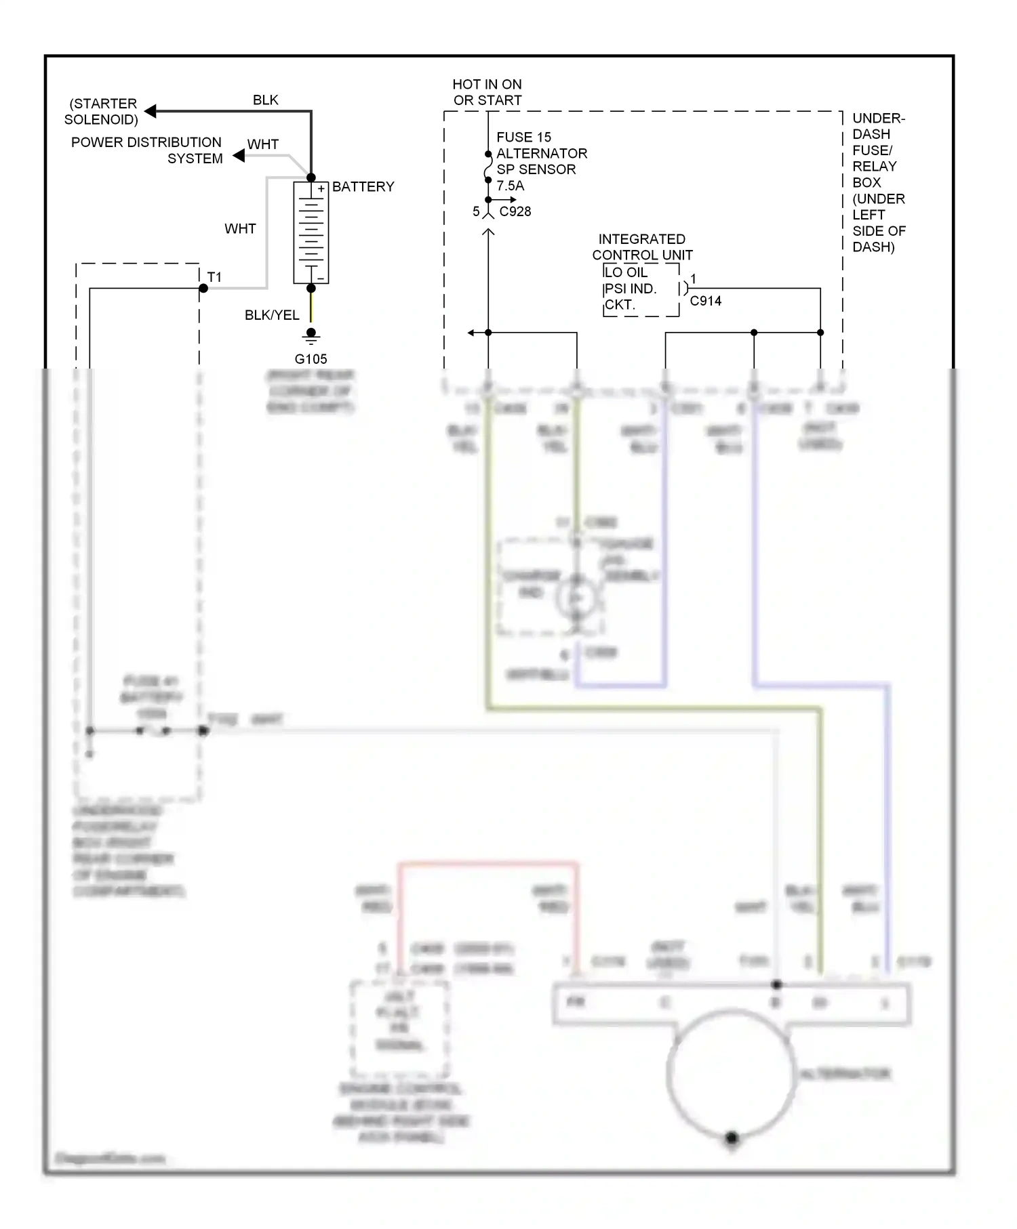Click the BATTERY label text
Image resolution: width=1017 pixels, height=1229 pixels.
(x=363, y=187)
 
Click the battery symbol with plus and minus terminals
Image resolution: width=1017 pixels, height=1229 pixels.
(x=311, y=232)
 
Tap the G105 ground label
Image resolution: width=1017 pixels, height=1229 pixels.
(x=311, y=359)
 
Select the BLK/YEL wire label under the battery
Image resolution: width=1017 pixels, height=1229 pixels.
(x=271, y=315)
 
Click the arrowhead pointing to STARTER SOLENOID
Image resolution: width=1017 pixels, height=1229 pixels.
(x=151, y=111)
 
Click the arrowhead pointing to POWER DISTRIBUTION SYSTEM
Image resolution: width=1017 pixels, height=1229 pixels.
(x=239, y=156)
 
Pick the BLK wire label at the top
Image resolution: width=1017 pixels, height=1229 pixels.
(x=265, y=100)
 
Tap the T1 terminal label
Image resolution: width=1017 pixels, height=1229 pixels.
(x=214, y=277)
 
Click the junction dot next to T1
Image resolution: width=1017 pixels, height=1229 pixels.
(x=203, y=289)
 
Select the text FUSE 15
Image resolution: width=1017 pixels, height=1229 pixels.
(x=523, y=138)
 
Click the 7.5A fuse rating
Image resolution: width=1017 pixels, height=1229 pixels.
(x=510, y=186)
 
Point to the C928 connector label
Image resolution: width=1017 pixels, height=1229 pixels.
(x=515, y=211)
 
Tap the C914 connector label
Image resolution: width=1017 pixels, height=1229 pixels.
(x=705, y=301)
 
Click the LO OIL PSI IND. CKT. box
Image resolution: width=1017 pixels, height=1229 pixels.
(x=640, y=289)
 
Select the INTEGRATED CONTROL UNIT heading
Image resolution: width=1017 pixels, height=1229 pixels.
(x=642, y=247)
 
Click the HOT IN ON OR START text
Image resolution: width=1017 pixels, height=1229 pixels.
(x=487, y=92)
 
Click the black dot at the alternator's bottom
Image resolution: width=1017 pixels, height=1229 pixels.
(x=732, y=1138)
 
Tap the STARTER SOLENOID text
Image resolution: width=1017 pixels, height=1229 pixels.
(x=102, y=112)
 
